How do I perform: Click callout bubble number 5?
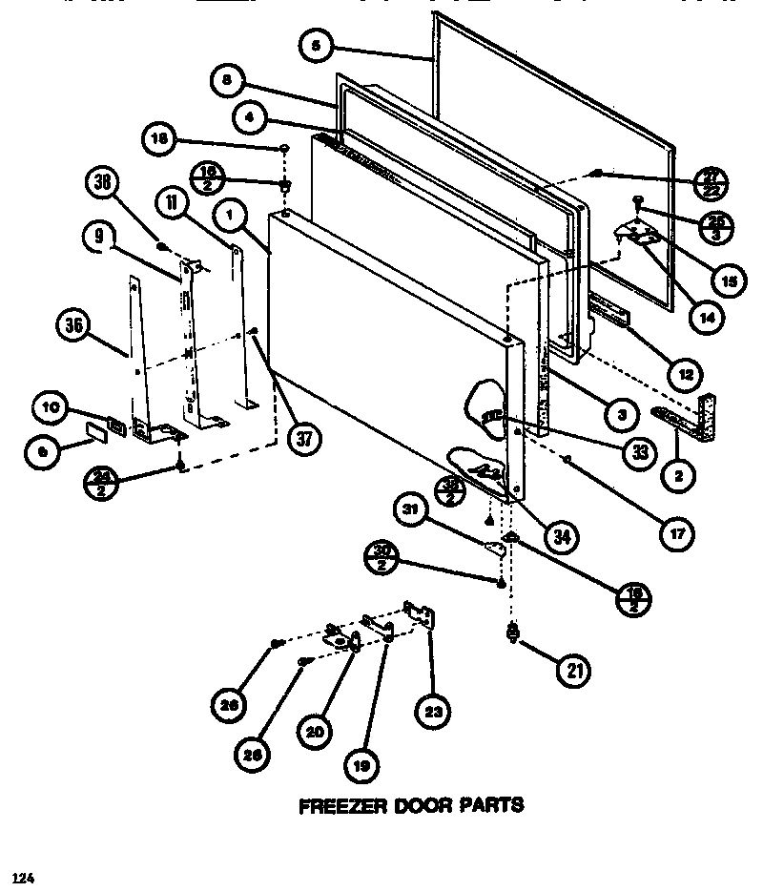point(315,45)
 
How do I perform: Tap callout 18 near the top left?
point(158,139)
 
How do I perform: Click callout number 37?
point(302,438)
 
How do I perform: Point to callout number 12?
point(686,371)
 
